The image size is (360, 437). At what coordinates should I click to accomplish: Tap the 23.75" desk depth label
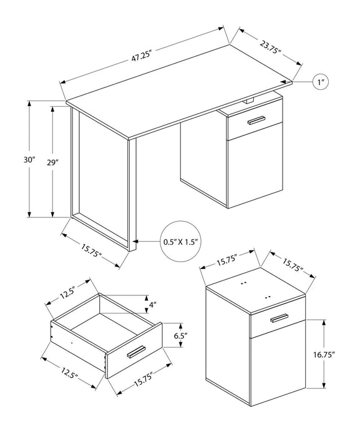pos(270,45)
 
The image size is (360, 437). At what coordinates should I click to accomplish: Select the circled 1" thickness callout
pos(323,82)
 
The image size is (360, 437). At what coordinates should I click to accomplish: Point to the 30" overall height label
pos(20,160)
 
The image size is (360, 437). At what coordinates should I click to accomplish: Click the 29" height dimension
pos(52,162)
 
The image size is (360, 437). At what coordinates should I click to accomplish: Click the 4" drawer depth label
pos(153,306)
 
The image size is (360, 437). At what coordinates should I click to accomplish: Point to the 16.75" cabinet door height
pos(325,354)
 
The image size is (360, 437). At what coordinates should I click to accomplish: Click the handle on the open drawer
pos(135,351)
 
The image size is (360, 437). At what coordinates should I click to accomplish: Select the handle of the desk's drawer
pos(256,120)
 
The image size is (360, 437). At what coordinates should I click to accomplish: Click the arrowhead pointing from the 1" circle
pos(294,82)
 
